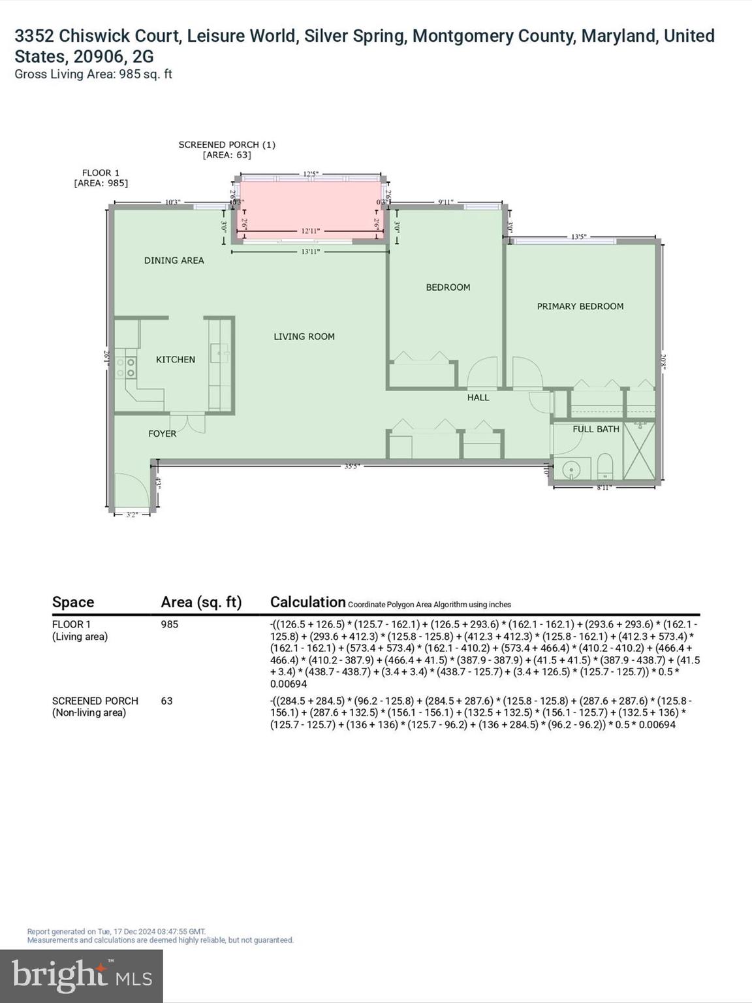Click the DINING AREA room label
(x=174, y=261)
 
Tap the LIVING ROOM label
(x=304, y=337)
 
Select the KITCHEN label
(x=175, y=360)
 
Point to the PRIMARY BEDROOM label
(x=580, y=306)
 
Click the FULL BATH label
(x=595, y=429)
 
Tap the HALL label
(x=478, y=397)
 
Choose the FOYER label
(x=162, y=434)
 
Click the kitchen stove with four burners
(x=125, y=368)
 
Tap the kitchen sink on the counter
(x=219, y=353)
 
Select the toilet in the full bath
(x=605, y=466)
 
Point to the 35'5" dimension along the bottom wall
(x=352, y=466)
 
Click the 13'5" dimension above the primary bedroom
(x=578, y=236)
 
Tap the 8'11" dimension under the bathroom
(x=604, y=488)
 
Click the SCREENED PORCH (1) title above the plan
(x=227, y=145)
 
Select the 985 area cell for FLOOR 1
(x=170, y=624)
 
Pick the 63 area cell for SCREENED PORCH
(x=166, y=701)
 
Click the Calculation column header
(x=307, y=602)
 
